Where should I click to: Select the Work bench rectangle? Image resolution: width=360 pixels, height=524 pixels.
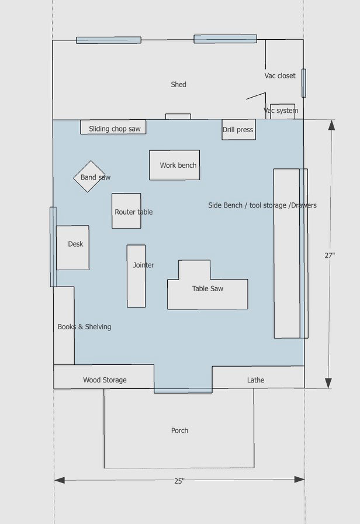174,165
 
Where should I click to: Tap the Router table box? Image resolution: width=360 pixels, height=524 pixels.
126,211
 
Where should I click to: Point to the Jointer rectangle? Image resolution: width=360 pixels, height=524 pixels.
136,276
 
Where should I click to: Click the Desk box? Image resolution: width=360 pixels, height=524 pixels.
73,247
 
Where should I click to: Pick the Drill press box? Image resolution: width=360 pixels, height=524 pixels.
238,129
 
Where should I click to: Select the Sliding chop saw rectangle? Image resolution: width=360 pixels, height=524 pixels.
113,127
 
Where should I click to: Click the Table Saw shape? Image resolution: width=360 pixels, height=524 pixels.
207,289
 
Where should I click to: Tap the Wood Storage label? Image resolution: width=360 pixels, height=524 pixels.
105,380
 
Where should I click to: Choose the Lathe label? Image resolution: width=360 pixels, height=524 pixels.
255,380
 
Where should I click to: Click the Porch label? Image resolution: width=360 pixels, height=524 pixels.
179,430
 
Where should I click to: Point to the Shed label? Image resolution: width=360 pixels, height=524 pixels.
178,85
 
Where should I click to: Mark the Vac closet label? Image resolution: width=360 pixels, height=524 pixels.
280,76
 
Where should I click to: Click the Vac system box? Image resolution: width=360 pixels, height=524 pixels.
282,111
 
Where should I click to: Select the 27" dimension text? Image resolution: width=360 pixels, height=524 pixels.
330,255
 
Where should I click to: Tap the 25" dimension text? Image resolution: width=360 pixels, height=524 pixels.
179,481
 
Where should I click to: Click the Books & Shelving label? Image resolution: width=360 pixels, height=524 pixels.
84,327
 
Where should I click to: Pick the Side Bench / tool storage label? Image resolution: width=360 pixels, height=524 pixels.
262,205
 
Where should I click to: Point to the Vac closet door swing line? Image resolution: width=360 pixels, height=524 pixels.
255,95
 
